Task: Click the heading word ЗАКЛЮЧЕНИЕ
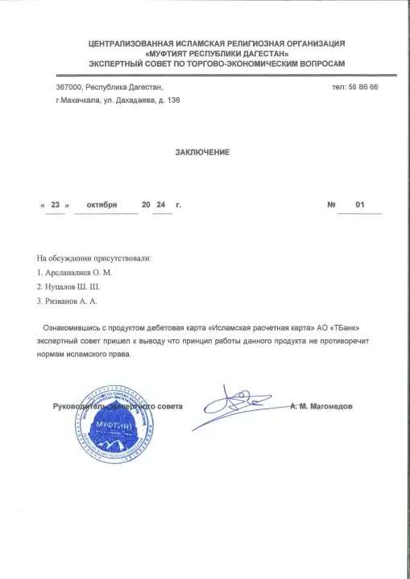[202, 152]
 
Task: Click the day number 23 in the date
[55, 205]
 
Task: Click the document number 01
[360, 205]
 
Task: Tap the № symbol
[331, 205]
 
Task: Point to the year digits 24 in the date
[161, 205]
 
